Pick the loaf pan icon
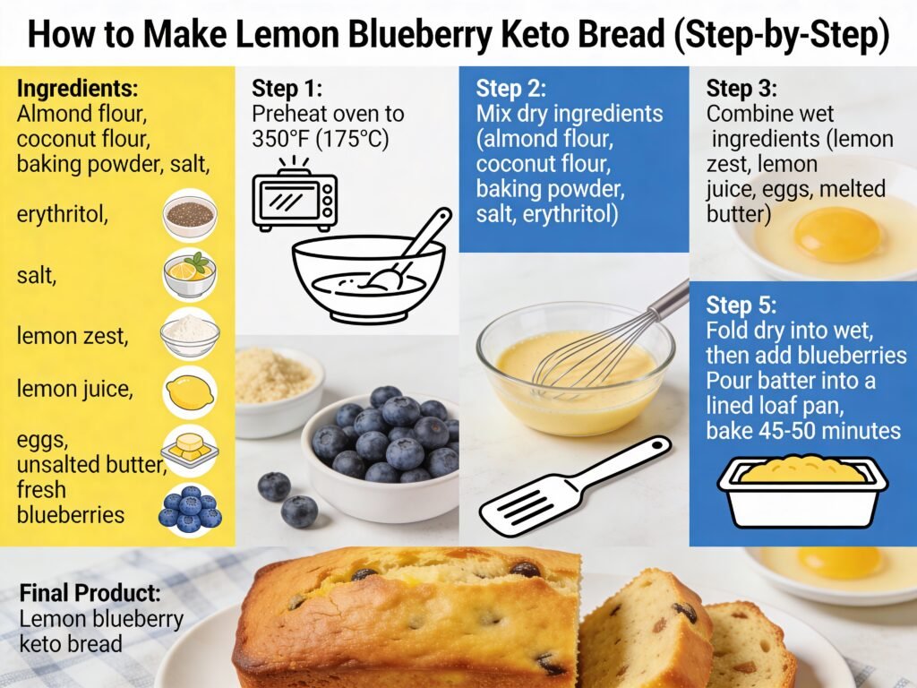(x=801, y=491)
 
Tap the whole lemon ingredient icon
(x=190, y=391)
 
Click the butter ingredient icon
(x=190, y=447)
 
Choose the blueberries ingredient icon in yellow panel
(x=190, y=508)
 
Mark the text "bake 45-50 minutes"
(x=802, y=431)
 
